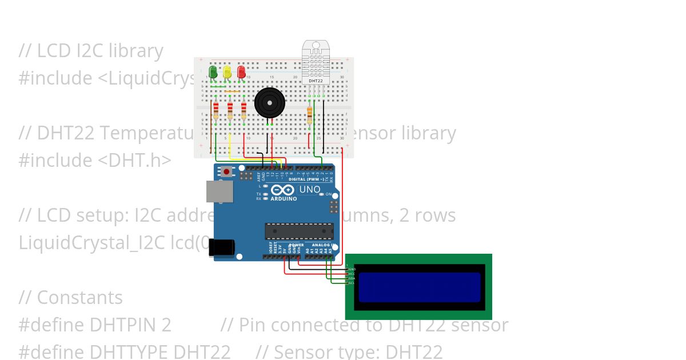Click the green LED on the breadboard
[x=213, y=72]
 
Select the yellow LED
[x=227, y=72]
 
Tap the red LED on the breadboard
[x=241, y=72]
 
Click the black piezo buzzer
[x=269, y=103]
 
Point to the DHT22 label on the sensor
[x=314, y=81]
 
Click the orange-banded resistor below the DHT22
[x=310, y=114]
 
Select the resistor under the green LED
[x=216, y=111]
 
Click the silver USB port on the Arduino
[x=220, y=192]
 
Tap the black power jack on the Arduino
[x=222, y=247]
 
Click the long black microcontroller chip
[x=299, y=231]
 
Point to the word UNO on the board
[x=310, y=190]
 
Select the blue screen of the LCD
[x=419, y=287]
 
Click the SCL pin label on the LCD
[x=352, y=283]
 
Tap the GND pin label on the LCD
[x=352, y=269]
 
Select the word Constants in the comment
[x=79, y=298]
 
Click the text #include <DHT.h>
[x=94, y=160]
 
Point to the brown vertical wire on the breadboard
[x=211, y=129]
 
